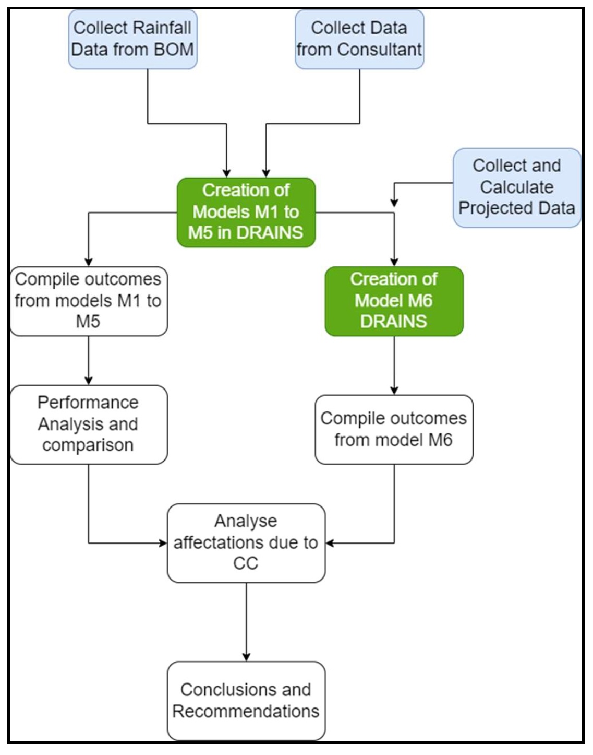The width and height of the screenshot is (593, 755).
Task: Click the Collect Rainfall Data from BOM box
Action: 133,39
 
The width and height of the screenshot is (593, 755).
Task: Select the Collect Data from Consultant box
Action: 359,39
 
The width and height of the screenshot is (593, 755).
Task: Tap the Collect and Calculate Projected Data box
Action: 517,187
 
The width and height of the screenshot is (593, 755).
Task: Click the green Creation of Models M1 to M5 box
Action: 246,213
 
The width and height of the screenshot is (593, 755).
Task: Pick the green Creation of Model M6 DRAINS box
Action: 394,301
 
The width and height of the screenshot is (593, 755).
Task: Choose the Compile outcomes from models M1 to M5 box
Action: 89,301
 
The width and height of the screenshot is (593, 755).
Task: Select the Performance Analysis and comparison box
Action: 89,424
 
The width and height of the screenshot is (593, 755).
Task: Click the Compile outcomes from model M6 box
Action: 394,429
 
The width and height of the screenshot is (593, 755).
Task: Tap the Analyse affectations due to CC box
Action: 246,543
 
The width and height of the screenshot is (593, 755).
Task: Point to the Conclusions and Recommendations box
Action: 246,701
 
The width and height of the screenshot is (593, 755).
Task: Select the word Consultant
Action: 380,50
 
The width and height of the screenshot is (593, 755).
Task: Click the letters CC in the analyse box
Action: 246,563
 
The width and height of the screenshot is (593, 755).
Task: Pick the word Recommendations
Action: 246,712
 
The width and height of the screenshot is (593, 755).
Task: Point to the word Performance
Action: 88,403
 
